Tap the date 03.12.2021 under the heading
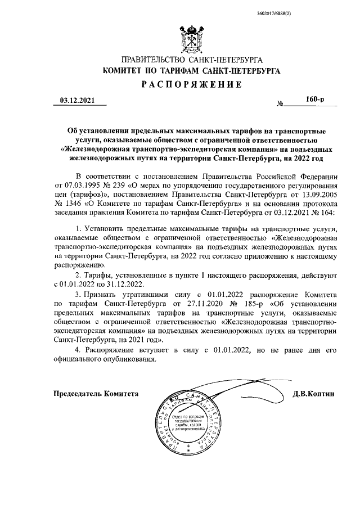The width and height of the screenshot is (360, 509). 76,101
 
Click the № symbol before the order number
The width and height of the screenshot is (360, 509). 280,105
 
